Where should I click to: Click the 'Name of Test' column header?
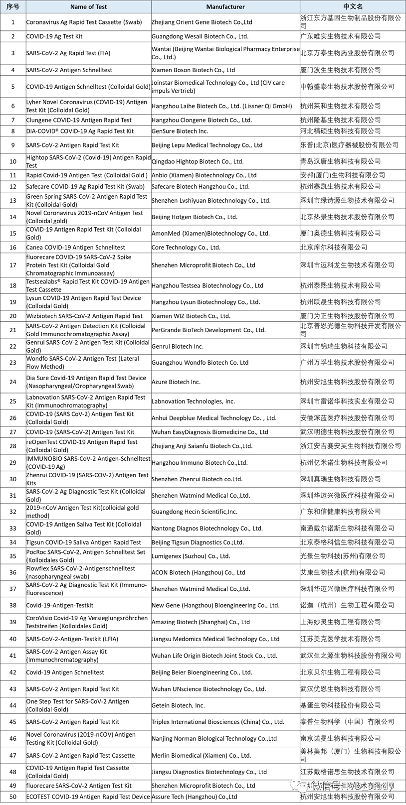(x=88, y=7)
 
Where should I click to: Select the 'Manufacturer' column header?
(x=225, y=7)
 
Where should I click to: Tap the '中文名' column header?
(x=353, y=7)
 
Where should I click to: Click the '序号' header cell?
(x=13, y=7)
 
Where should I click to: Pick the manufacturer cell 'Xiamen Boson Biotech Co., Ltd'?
(x=193, y=70)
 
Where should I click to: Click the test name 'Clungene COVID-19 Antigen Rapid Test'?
(x=79, y=120)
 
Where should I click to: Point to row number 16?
(x=13, y=248)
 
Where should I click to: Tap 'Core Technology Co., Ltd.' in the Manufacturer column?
(x=186, y=248)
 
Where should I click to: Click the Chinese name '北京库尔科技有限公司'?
(x=334, y=248)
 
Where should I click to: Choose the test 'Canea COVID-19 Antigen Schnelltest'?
(x=75, y=248)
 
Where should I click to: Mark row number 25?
(x=13, y=402)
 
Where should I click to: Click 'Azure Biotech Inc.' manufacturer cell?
(x=176, y=382)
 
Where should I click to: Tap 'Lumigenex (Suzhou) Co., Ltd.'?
(x=191, y=556)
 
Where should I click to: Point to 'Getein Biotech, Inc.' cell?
(x=178, y=705)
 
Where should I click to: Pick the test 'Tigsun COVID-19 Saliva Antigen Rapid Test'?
(x=83, y=542)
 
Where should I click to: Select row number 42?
(x=13, y=672)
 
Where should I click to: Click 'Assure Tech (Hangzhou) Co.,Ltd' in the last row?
(x=194, y=797)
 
